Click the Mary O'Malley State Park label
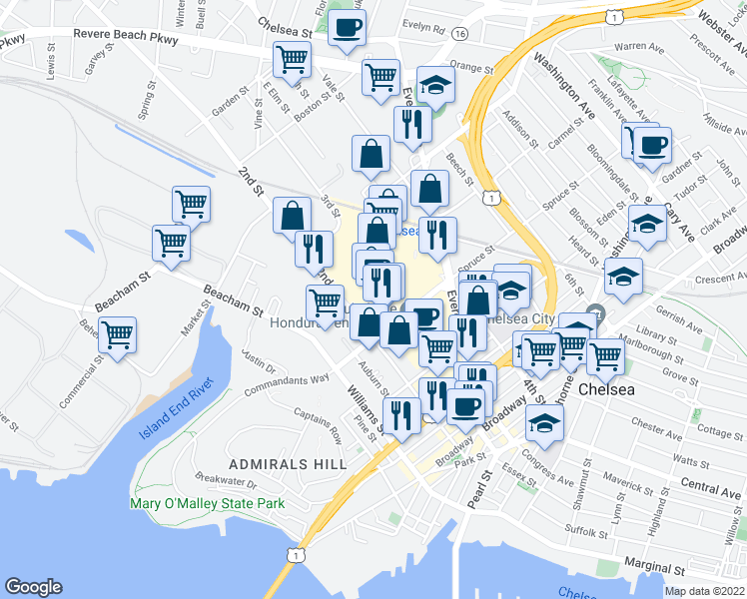[x=207, y=503]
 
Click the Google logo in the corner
[x=33, y=587]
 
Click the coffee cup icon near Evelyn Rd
[x=347, y=28]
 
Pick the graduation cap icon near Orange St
[x=435, y=85]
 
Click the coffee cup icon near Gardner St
[x=652, y=145]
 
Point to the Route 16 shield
[x=459, y=34]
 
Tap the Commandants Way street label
[x=292, y=379]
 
